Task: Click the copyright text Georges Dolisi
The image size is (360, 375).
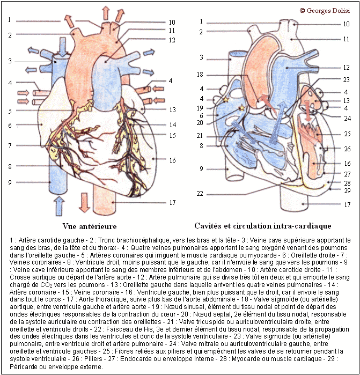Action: pos(325,11)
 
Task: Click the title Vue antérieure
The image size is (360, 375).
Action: pos(90,226)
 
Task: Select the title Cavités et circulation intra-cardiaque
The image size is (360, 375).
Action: pos(263,226)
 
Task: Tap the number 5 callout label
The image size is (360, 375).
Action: pos(10,111)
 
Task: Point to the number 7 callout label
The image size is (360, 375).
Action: pos(10,145)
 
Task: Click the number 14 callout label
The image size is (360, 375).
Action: pos(172,125)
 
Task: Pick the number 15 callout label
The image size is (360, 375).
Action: pos(172,135)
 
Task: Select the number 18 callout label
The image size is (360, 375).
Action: pos(200,75)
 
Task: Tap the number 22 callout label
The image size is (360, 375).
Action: pos(200,194)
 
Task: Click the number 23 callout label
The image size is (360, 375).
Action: pos(346,79)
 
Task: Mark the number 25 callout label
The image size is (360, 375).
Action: pos(347,134)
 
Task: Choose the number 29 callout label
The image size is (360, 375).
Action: pos(347,190)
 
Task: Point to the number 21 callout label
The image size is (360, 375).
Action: pos(200,136)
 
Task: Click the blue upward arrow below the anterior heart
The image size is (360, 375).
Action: pos(59,206)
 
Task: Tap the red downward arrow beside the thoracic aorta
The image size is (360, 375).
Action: pos(84,202)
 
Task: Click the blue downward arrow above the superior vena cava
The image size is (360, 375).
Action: pos(62,47)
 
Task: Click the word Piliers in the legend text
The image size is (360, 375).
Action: pos(95,359)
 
